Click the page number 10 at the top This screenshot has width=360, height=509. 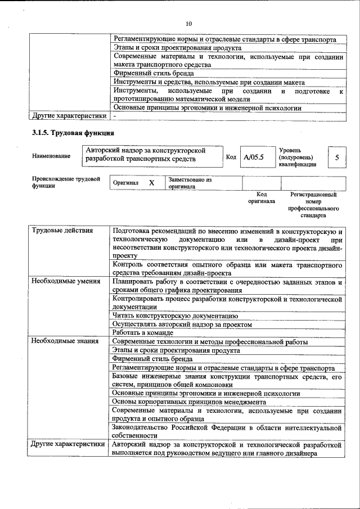click(x=188, y=23)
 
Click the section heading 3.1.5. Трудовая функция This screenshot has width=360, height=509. click(x=73, y=133)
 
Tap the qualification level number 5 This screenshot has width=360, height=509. click(x=336, y=157)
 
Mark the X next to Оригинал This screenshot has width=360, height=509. click(x=151, y=183)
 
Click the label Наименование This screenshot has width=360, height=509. click(x=51, y=156)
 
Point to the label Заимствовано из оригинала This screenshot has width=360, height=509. click(x=190, y=183)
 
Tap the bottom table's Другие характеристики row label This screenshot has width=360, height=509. click(x=68, y=444)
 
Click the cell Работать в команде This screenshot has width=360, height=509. click(x=143, y=333)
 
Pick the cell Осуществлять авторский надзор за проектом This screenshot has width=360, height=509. click(x=182, y=325)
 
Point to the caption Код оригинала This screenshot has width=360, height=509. click(x=262, y=197)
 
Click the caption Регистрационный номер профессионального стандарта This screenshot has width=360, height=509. click(x=313, y=205)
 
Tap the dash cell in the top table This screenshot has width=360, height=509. click(x=114, y=116)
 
